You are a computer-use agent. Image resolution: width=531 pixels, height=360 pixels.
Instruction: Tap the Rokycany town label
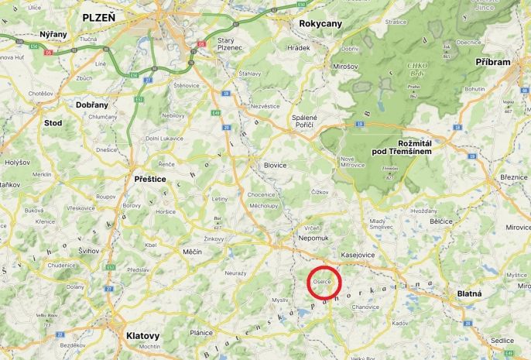click(x=320, y=24)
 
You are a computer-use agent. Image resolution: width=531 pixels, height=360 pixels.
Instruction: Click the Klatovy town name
click(x=142, y=335)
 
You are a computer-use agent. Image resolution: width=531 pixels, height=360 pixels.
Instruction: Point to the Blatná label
click(x=468, y=294)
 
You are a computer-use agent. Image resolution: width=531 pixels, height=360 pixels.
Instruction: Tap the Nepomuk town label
click(x=313, y=240)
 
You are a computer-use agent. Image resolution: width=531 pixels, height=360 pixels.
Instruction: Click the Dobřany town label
click(x=92, y=104)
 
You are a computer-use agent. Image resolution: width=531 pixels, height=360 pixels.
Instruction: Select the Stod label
click(x=53, y=122)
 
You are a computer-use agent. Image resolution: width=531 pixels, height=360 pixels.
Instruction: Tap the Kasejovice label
click(x=359, y=254)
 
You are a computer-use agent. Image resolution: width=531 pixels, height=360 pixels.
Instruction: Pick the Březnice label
click(x=514, y=177)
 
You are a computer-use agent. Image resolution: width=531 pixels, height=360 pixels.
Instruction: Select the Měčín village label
click(x=191, y=252)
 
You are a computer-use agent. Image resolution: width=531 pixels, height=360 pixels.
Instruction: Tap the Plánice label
click(x=200, y=332)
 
